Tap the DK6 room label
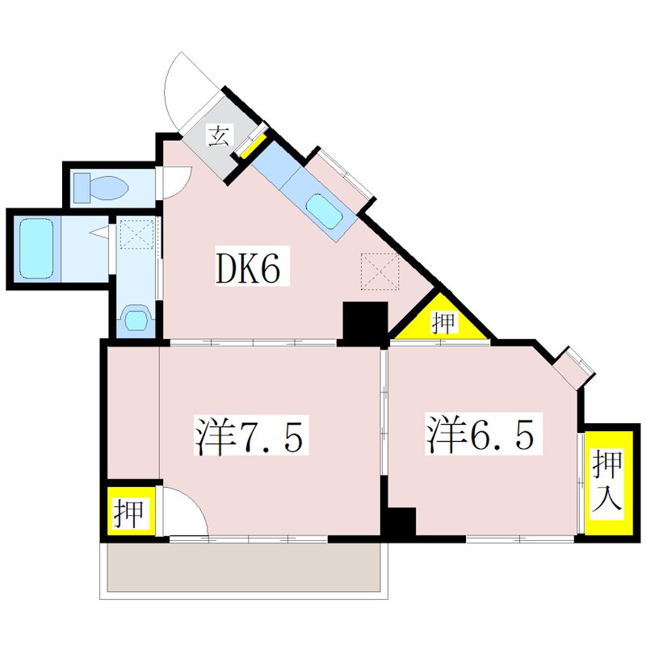pos(250,269)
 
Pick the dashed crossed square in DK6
pos(380,270)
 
